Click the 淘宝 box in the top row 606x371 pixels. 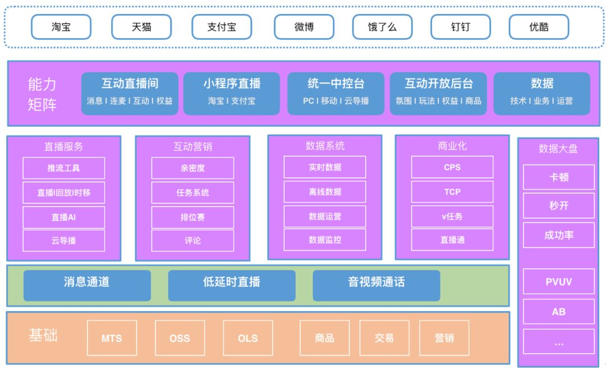(x=60, y=27)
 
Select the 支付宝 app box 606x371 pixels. (x=221, y=27)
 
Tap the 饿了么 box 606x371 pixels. (x=382, y=27)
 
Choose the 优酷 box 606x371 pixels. (x=539, y=27)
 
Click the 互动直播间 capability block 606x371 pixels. (x=130, y=93)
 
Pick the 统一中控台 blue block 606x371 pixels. (x=336, y=93)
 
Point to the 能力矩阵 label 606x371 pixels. (x=42, y=94)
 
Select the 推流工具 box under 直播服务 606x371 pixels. (x=63, y=168)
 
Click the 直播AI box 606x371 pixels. (x=63, y=217)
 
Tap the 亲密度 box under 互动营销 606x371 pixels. (x=192, y=168)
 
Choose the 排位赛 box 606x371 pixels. (x=192, y=217)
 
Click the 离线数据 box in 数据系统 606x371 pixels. (x=325, y=192)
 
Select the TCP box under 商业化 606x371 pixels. (x=452, y=192)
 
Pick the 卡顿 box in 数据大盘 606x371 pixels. (x=558, y=177)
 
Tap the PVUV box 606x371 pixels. (x=558, y=282)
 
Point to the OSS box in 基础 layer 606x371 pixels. (x=180, y=338)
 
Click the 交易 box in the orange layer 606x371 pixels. (x=384, y=338)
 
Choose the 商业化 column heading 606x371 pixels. (x=452, y=146)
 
